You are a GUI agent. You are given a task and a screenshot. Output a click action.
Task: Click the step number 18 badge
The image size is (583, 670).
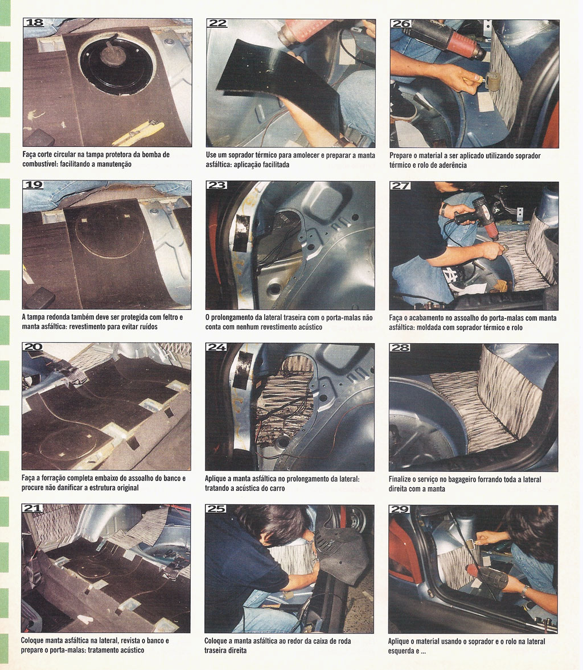[x=34, y=23]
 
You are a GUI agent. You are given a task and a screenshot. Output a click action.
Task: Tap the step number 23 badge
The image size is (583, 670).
[x=217, y=185]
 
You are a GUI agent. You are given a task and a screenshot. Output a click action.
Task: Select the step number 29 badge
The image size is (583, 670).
[x=400, y=509]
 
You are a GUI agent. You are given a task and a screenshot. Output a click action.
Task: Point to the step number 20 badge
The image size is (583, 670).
[x=33, y=347]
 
